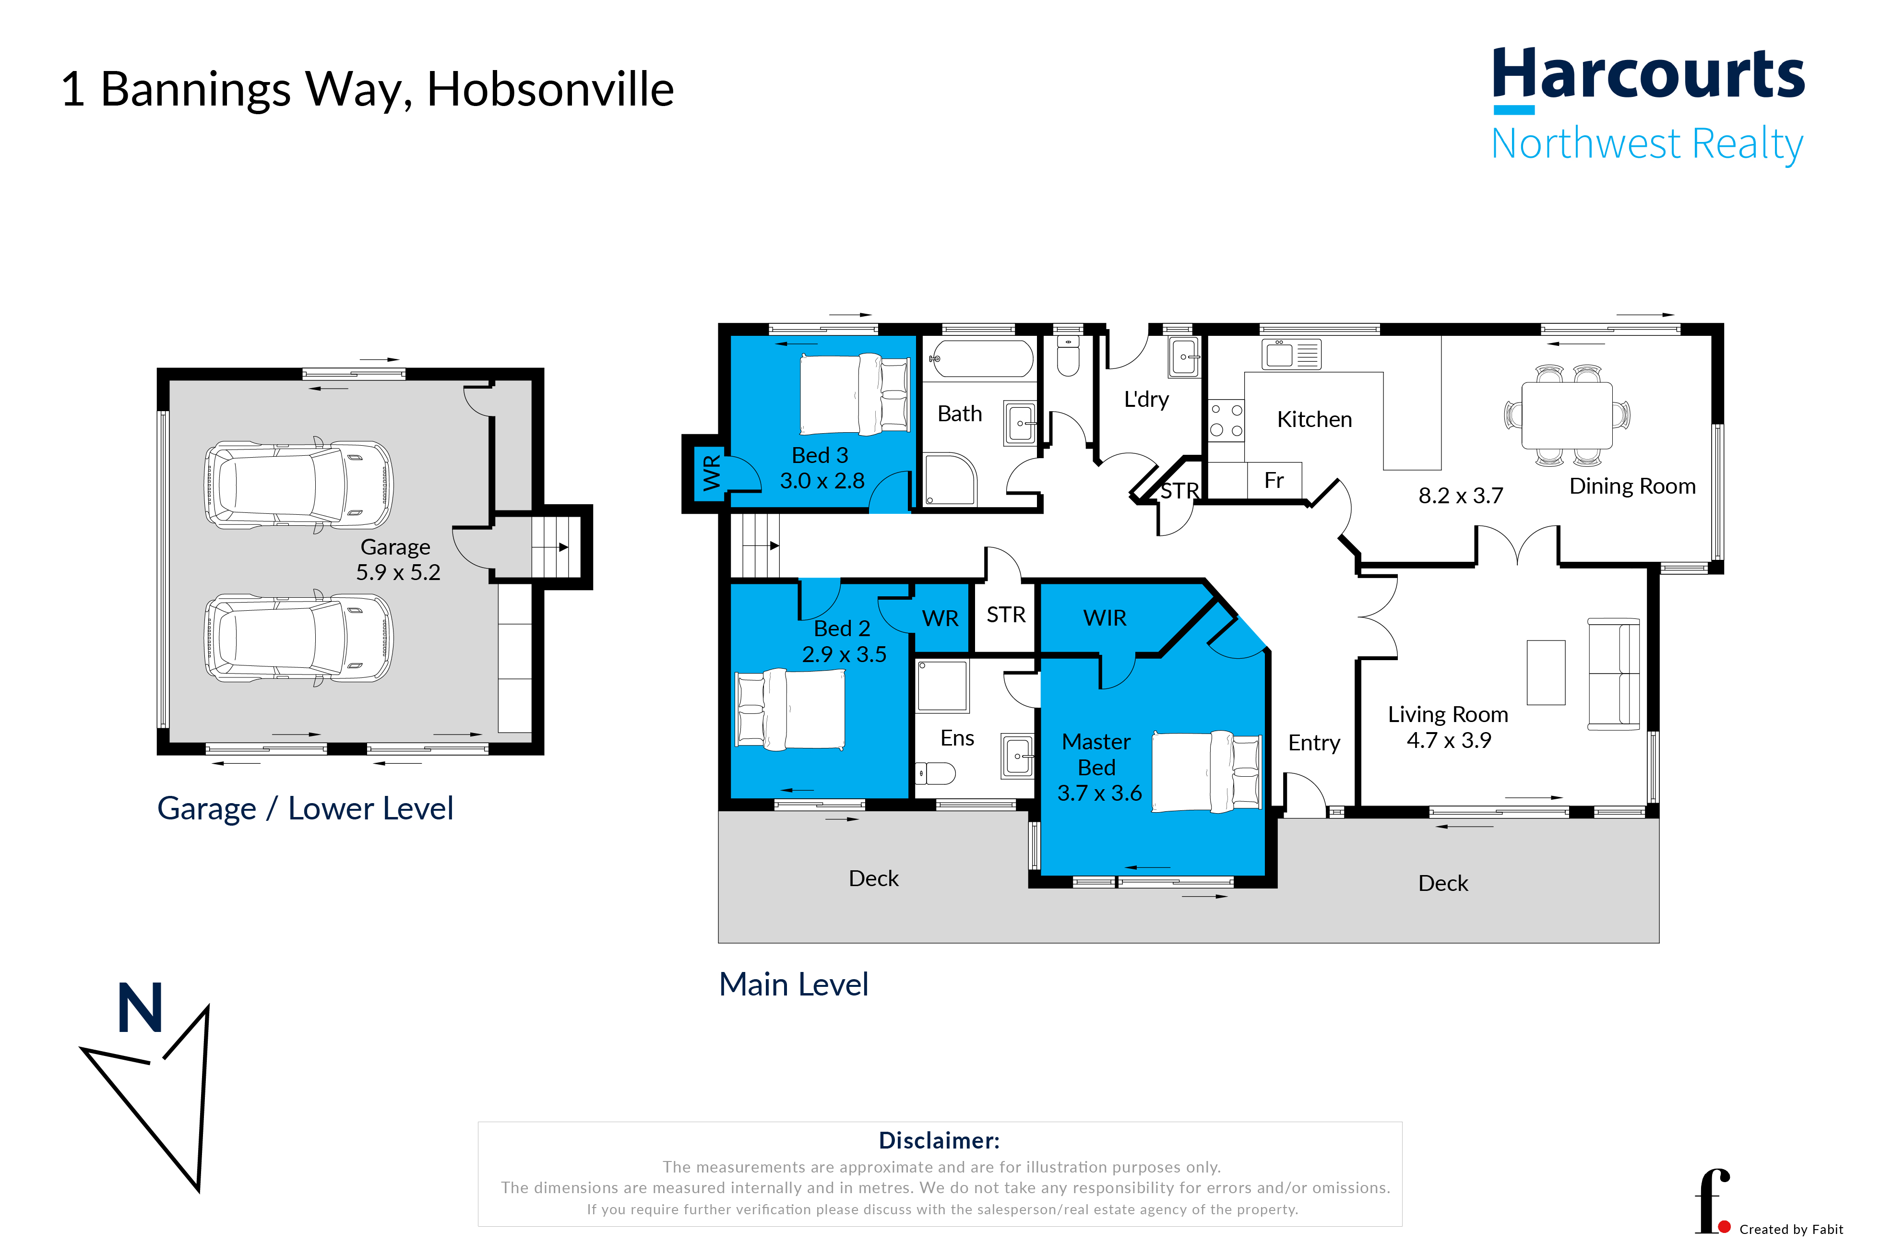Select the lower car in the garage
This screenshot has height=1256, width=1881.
click(299, 638)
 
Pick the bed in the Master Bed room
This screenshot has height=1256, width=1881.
click(1206, 771)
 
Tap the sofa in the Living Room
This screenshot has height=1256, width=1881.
click(1614, 674)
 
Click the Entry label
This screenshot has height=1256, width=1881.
click(1314, 743)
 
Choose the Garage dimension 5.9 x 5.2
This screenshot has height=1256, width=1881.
click(398, 573)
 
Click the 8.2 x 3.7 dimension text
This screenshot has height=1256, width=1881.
click(1461, 496)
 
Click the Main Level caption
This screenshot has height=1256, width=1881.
click(793, 984)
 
